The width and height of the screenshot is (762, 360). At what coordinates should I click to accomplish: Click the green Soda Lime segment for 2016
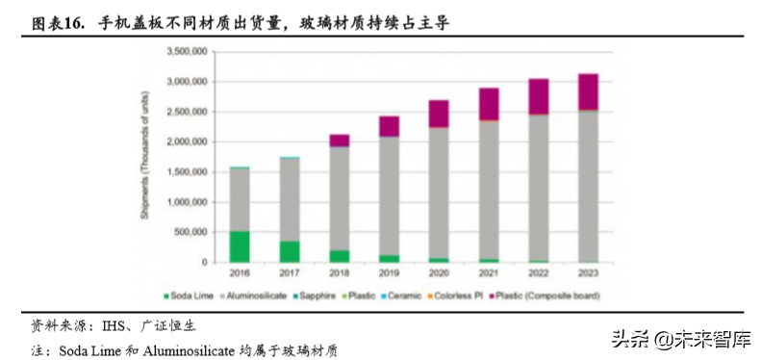[x=239, y=246]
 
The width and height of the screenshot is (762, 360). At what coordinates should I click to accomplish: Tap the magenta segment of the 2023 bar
[x=589, y=91]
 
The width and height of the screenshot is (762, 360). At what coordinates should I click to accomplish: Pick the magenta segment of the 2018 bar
[x=339, y=141]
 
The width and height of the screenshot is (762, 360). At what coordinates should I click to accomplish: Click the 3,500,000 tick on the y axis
[x=189, y=52]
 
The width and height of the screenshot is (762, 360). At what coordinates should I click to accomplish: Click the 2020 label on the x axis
[x=439, y=274]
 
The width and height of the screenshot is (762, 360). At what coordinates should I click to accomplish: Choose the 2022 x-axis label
[x=539, y=274]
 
